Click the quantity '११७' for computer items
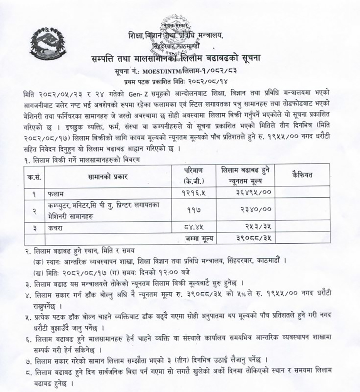coord(194,210)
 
